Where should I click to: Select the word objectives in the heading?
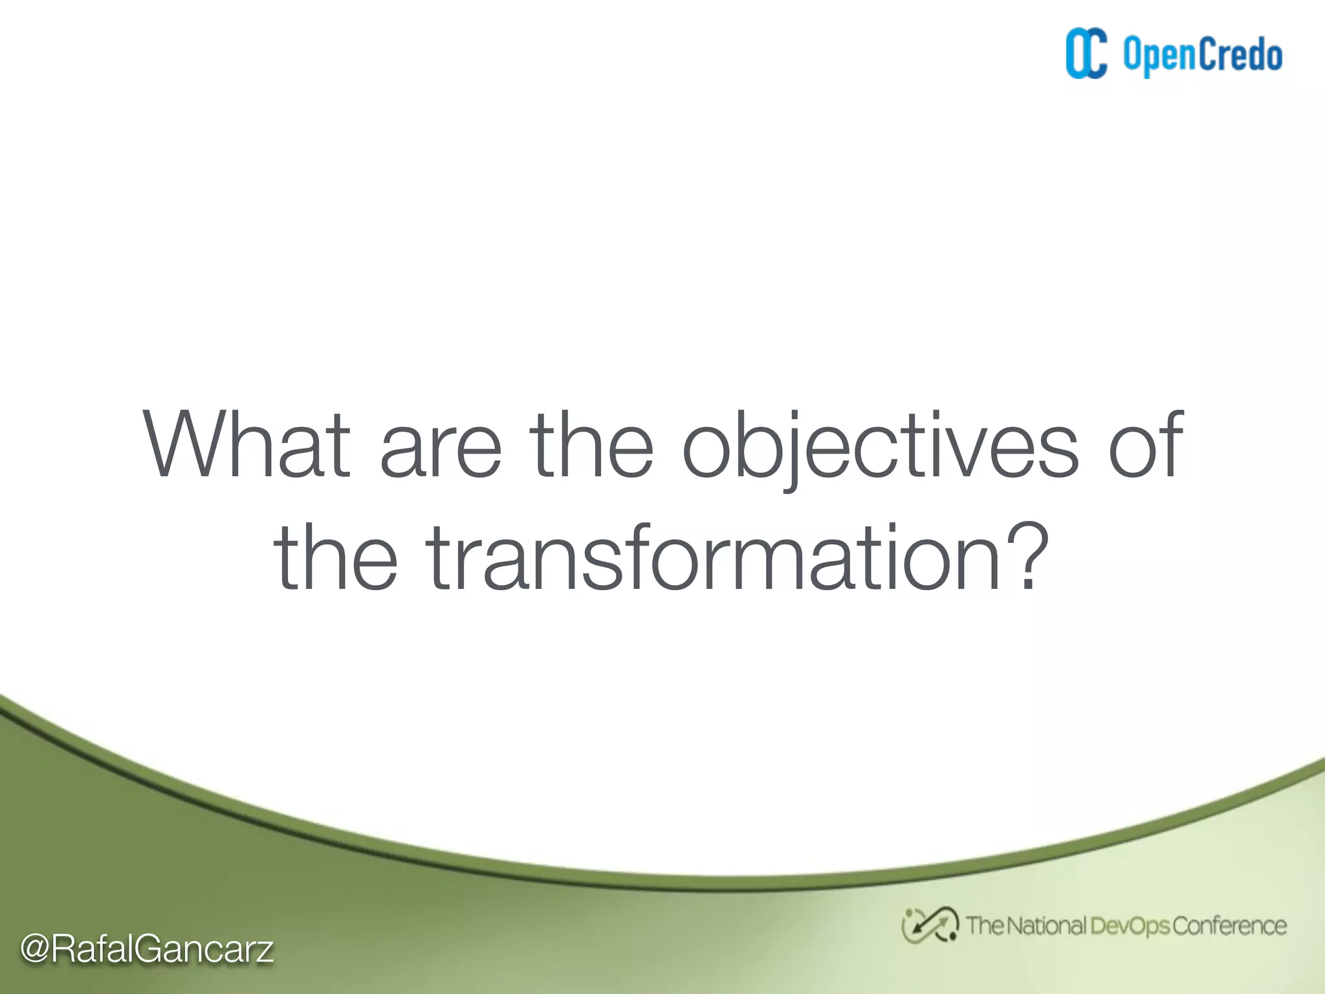[x=881, y=447]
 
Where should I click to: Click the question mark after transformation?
[x=1025, y=557]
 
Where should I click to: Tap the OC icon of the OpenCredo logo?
[x=1086, y=54]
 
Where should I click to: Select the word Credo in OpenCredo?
[x=1241, y=55]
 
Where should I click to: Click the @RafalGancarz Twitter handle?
[x=147, y=949]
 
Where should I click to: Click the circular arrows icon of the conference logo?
[x=930, y=925]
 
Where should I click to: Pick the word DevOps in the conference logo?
[x=1129, y=926]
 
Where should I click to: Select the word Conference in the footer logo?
[x=1229, y=926]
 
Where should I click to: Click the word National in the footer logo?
[x=1046, y=926]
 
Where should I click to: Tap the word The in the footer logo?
[x=984, y=926]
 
